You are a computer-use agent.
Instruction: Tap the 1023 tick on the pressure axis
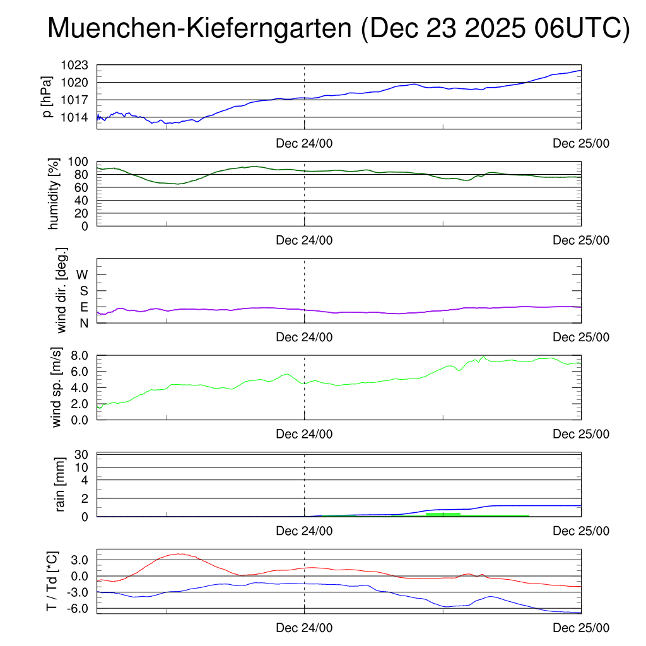tap(74, 65)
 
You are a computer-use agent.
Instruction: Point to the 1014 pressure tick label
tap(74, 117)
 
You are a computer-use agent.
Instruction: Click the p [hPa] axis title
tap(47, 97)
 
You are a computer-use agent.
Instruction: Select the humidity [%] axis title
tap(54, 194)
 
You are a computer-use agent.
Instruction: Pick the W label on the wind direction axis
tap(82, 274)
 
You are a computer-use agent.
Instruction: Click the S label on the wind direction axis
tap(83, 291)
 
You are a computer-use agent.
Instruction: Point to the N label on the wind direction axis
tap(83, 323)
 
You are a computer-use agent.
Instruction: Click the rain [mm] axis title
tap(61, 484)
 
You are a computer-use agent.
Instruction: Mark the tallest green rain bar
tap(443, 514)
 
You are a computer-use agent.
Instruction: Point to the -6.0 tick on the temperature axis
tap(78, 609)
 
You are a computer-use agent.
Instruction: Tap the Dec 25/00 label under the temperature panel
tap(581, 628)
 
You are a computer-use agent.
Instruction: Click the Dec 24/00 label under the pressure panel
tap(304, 143)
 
